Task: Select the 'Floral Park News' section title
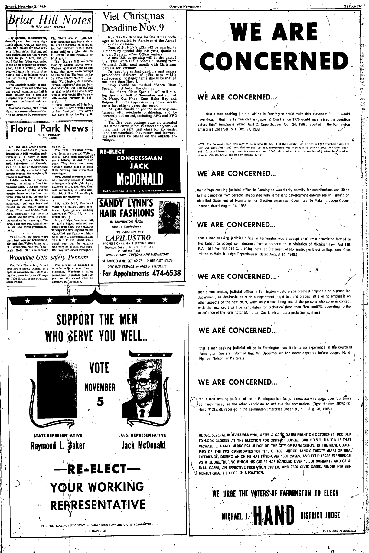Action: click(50, 128)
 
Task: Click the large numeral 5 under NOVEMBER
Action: click(100, 402)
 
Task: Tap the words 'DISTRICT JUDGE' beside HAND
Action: click(320, 515)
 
